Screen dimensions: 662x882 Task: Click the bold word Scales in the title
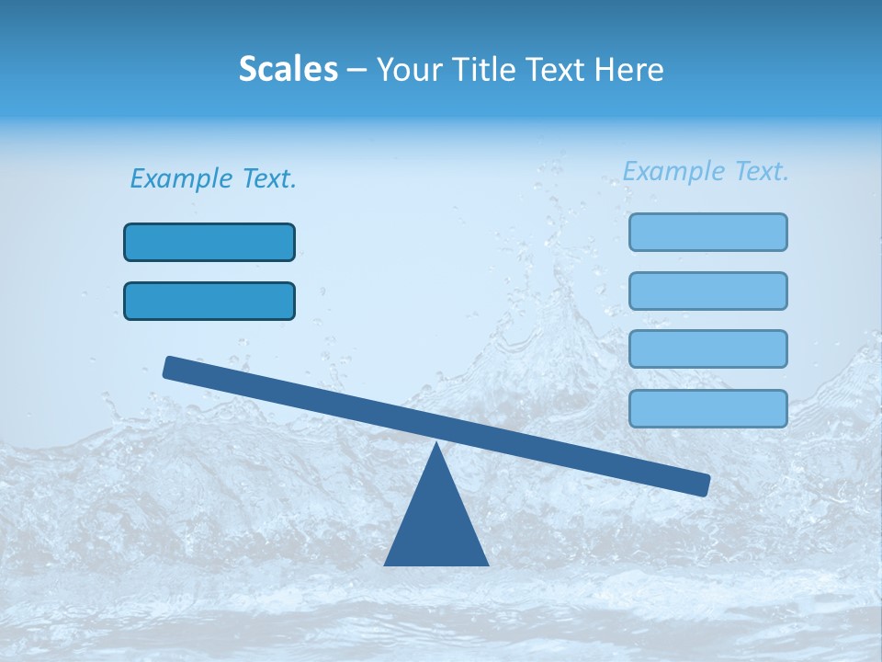pos(288,70)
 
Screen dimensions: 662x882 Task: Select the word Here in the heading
pos(628,70)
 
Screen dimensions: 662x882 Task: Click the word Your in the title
pos(409,70)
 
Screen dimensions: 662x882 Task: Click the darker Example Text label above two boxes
pos(213,179)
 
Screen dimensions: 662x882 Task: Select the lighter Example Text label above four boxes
pos(706,172)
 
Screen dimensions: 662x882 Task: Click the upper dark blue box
pos(209,243)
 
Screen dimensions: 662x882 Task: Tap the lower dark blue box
pos(209,302)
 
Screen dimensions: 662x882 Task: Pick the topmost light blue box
pos(708,233)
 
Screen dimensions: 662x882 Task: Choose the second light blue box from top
pos(708,291)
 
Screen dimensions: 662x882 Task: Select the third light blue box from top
pos(708,349)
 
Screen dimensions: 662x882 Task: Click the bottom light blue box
pos(708,409)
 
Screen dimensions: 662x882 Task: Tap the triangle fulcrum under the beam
pos(436,524)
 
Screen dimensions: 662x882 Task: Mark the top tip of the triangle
pos(436,445)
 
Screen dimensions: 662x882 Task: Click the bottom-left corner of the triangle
pos(386,565)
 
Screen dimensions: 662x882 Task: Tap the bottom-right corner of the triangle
pos(488,565)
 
